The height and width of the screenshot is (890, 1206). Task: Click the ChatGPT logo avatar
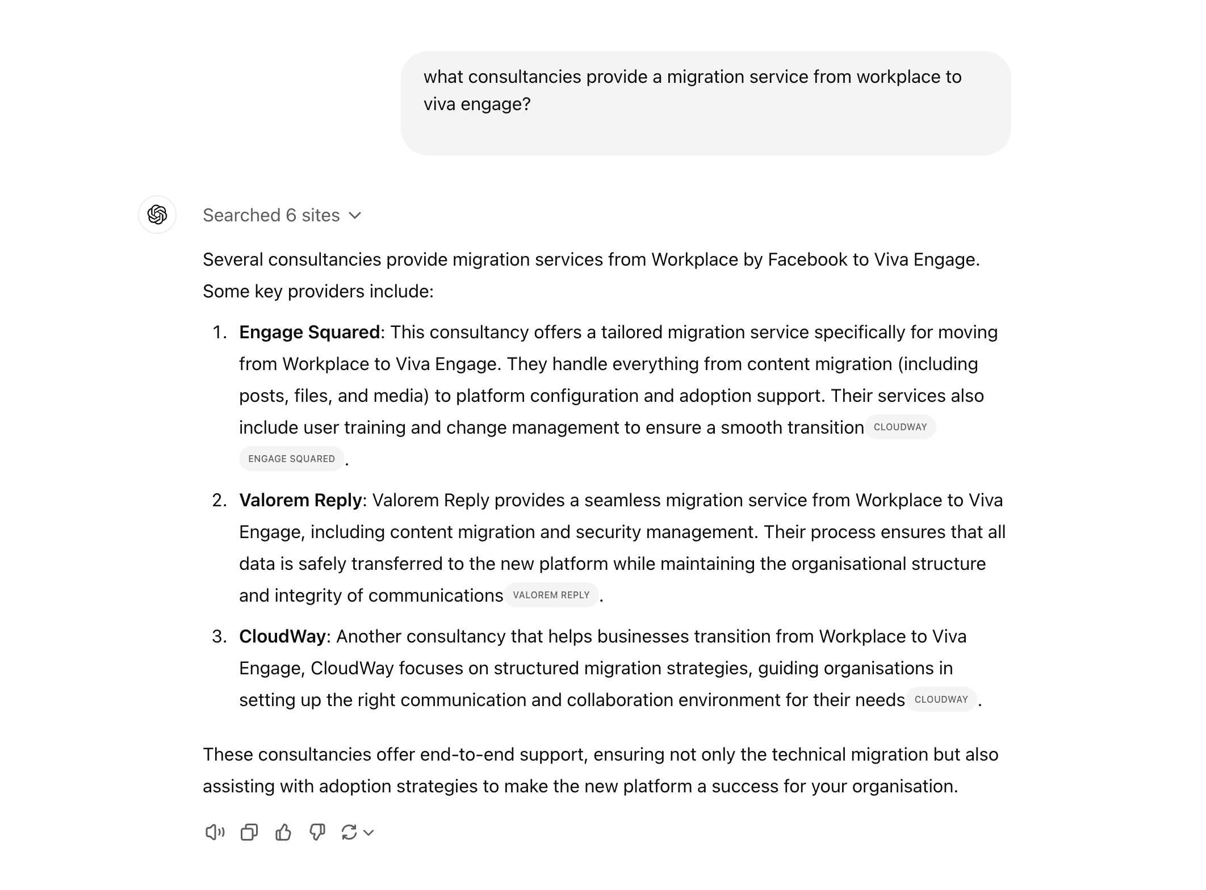(x=157, y=215)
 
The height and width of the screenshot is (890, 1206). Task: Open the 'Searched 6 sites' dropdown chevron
(x=355, y=216)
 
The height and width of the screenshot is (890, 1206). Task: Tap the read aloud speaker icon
(x=215, y=832)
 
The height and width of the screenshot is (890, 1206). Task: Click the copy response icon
(x=249, y=832)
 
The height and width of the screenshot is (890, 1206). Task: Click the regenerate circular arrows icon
(x=349, y=832)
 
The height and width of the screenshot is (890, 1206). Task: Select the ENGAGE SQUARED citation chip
(x=291, y=459)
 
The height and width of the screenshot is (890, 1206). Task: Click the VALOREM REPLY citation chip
(x=551, y=595)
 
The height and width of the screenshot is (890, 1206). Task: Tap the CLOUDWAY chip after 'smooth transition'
(x=900, y=427)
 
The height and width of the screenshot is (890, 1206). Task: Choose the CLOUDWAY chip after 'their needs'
(x=941, y=699)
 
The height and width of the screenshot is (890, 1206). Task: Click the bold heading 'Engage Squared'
(x=309, y=332)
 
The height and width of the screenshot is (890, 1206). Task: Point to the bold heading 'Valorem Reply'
(x=300, y=500)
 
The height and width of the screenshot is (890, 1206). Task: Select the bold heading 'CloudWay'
(x=282, y=636)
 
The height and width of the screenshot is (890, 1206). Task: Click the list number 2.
(x=219, y=500)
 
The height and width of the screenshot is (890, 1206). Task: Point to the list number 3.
(x=219, y=636)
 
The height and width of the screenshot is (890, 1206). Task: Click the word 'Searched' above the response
(x=241, y=215)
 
